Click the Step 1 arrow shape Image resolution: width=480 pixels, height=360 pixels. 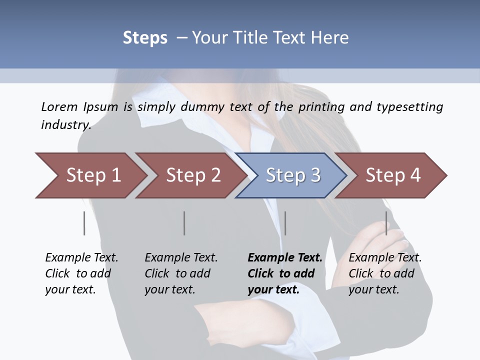(x=90, y=175)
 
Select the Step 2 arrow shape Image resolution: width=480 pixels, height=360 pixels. (x=190, y=175)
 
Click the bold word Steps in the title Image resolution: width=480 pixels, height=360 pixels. (x=145, y=38)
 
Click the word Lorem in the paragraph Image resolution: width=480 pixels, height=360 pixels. (x=59, y=106)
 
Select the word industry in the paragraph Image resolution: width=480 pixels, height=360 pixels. (x=65, y=124)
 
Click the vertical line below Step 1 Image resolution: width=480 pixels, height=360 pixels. (x=84, y=223)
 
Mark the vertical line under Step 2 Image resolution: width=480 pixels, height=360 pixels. (x=184, y=223)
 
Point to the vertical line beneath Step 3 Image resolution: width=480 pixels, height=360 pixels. (x=285, y=223)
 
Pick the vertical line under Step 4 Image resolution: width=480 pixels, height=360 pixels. (x=386, y=223)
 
